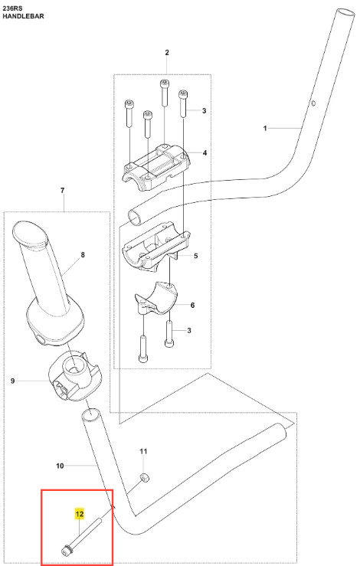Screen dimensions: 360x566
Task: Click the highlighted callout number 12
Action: click(x=79, y=514)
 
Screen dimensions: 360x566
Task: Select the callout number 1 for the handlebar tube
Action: click(x=265, y=128)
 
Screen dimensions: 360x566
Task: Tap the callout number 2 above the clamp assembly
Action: click(x=167, y=53)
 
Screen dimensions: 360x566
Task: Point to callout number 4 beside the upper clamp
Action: click(x=205, y=153)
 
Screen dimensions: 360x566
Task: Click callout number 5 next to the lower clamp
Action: click(x=196, y=256)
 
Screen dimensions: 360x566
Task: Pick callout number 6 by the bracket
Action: click(x=192, y=306)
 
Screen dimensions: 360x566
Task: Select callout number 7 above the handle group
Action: click(x=63, y=190)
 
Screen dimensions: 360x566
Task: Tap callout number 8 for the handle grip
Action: click(x=83, y=255)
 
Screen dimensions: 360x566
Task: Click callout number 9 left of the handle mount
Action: click(x=12, y=381)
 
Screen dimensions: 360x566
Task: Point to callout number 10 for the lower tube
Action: click(x=60, y=466)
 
